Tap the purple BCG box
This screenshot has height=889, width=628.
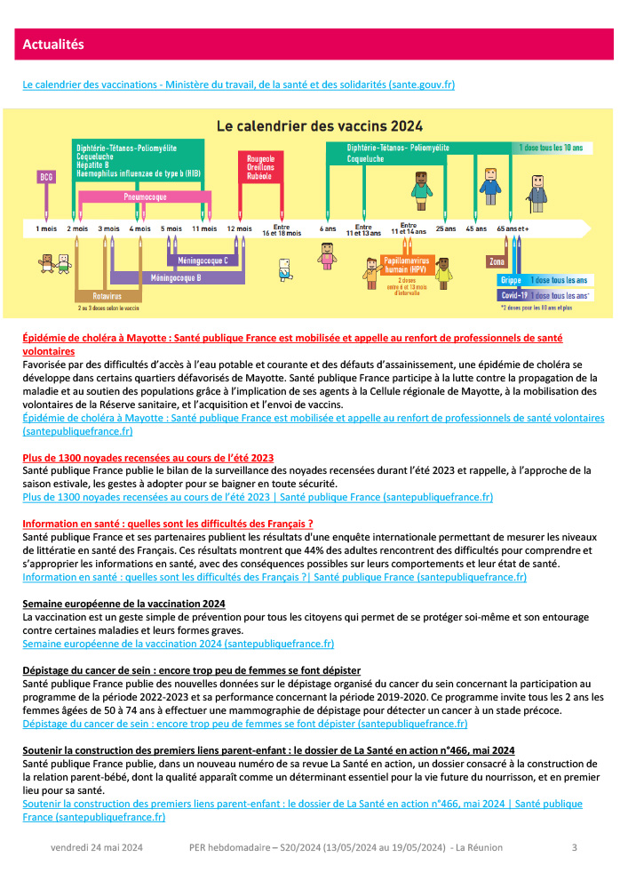(46, 176)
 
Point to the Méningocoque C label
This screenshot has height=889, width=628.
(203, 260)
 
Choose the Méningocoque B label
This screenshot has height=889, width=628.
(176, 278)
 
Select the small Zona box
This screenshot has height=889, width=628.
(497, 261)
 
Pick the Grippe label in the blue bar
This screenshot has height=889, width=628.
(512, 279)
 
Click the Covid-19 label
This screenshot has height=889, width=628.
(514, 295)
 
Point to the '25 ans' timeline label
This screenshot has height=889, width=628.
(445, 228)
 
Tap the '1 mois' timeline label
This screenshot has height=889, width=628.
(46, 228)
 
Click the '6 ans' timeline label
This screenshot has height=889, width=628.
(328, 228)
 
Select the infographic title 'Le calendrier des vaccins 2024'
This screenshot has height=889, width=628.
(321, 125)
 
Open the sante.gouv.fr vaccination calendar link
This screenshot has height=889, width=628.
(238, 84)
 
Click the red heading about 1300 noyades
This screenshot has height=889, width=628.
(147, 458)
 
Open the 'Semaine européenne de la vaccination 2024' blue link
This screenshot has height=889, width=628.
(178, 643)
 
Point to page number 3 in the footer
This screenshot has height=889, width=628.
(574, 847)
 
